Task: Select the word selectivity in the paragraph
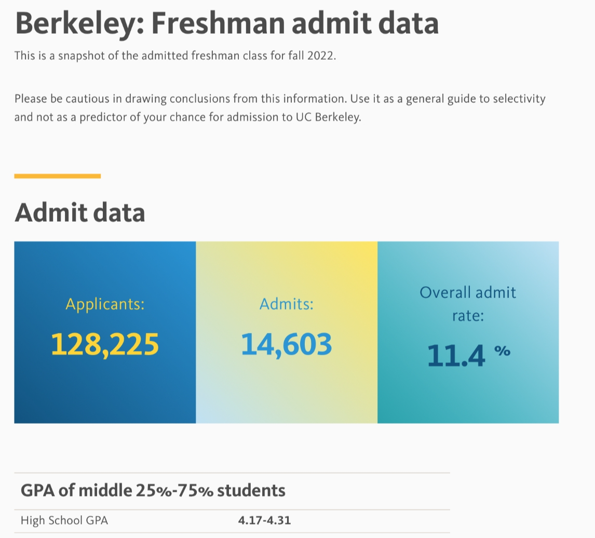[x=515, y=99]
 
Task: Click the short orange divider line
[x=57, y=176]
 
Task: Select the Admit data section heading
[x=79, y=213]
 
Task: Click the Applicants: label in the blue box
[x=105, y=304]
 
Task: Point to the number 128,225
[x=105, y=344]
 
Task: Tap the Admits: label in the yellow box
[x=287, y=304]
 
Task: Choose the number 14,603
[x=287, y=344]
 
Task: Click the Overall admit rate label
[x=468, y=303]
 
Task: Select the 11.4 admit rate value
[x=456, y=356]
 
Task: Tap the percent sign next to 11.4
[x=502, y=352]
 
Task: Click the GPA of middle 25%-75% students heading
[x=153, y=490]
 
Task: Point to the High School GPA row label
[x=64, y=520]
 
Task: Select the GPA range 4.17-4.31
[x=265, y=520]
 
